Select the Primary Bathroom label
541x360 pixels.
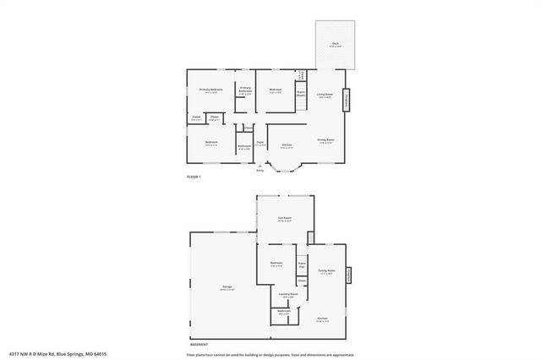click(245, 90)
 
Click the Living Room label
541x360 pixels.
click(325, 96)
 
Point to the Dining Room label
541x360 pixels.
click(325, 141)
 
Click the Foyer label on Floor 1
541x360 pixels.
click(261, 144)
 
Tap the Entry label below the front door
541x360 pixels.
click(260, 170)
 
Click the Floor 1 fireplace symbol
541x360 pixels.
click(347, 101)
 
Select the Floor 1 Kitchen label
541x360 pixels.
click(287, 145)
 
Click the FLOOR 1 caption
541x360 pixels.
click(194, 177)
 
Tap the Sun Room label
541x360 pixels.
click(285, 220)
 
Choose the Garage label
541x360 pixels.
click(227, 288)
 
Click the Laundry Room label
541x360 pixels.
click(288, 295)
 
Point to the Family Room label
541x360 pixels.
click(326, 272)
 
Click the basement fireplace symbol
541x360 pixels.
click(348, 274)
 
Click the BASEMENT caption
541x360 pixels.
click(199, 345)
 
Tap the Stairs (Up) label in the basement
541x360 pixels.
click(302, 265)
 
